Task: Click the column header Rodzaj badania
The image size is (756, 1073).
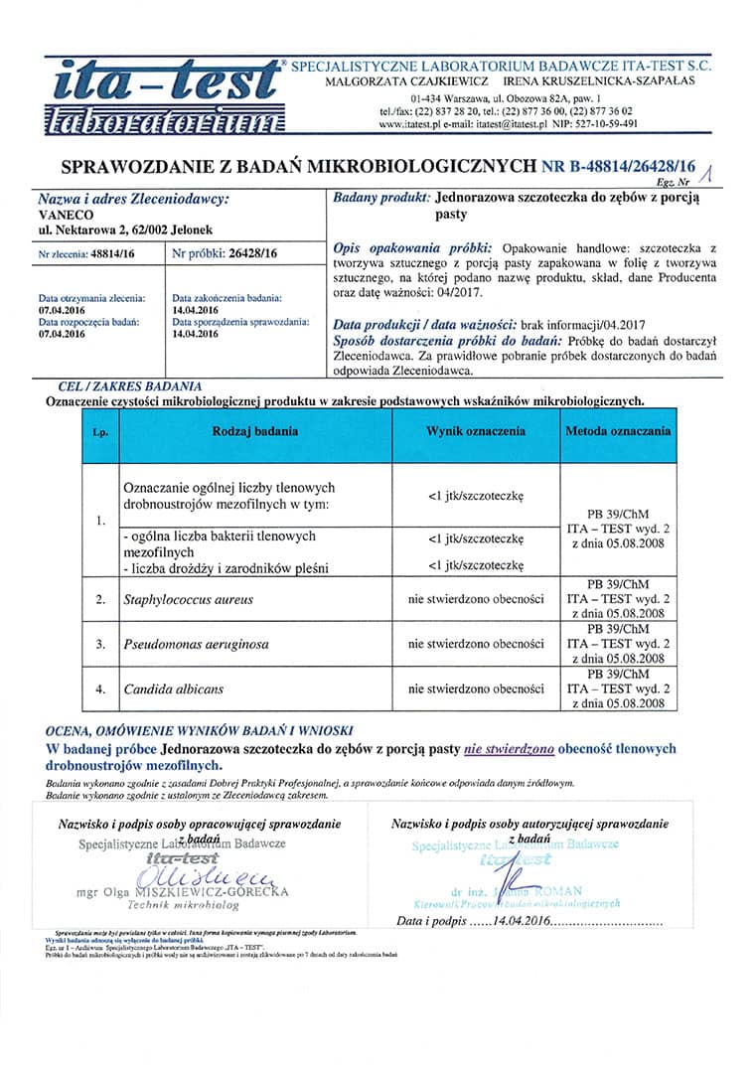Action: tap(254, 432)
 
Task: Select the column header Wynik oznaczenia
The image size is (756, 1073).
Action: tap(476, 432)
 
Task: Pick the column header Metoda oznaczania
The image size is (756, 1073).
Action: tap(618, 432)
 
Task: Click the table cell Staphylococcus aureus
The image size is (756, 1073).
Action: tap(189, 599)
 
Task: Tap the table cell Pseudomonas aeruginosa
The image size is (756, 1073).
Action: tap(196, 644)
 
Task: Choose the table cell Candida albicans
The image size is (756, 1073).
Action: tap(174, 689)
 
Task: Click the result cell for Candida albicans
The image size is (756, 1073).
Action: tap(476, 689)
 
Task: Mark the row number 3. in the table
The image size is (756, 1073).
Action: tap(100, 644)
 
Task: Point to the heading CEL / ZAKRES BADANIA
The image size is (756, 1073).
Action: tap(130, 385)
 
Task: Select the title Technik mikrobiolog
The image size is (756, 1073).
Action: tap(183, 906)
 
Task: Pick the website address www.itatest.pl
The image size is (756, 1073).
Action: tap(415, 124)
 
